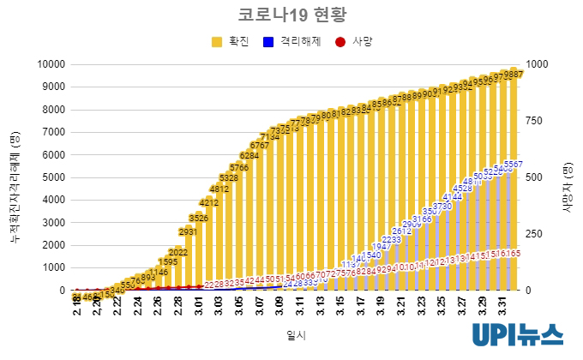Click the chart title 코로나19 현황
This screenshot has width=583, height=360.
291,15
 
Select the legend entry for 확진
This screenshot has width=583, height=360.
237,41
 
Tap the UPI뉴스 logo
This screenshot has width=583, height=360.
517,335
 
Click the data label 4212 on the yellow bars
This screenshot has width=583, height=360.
209,203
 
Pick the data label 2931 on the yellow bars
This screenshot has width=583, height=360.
189,231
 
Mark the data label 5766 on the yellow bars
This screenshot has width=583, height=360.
239,168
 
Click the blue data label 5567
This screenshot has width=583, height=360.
513,165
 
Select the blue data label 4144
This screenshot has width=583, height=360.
453,197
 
